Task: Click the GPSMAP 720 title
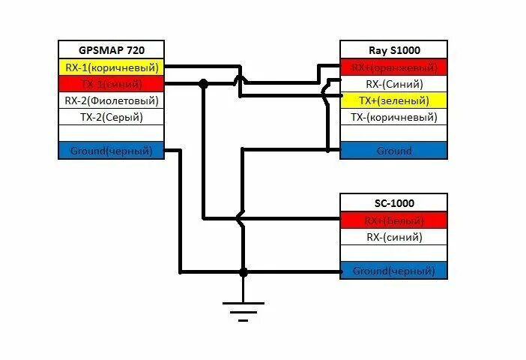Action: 111,50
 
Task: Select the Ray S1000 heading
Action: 394,50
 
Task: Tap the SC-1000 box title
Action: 394,203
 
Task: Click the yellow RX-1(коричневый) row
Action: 111,67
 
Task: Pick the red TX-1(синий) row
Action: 111,84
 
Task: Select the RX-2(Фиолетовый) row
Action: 111,100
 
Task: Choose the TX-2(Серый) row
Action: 111,117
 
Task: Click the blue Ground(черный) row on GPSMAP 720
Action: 111,151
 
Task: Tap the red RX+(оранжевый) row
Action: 394,67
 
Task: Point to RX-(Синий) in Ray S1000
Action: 394,84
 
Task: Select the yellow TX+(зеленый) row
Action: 394,100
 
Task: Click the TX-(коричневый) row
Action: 394,117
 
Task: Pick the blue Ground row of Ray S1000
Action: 394,151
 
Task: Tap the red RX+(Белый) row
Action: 394,220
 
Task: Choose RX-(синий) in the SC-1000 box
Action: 394,237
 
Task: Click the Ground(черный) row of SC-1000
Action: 394,271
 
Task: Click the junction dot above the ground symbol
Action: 243,271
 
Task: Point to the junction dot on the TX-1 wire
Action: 203,84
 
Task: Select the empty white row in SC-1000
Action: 394,253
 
